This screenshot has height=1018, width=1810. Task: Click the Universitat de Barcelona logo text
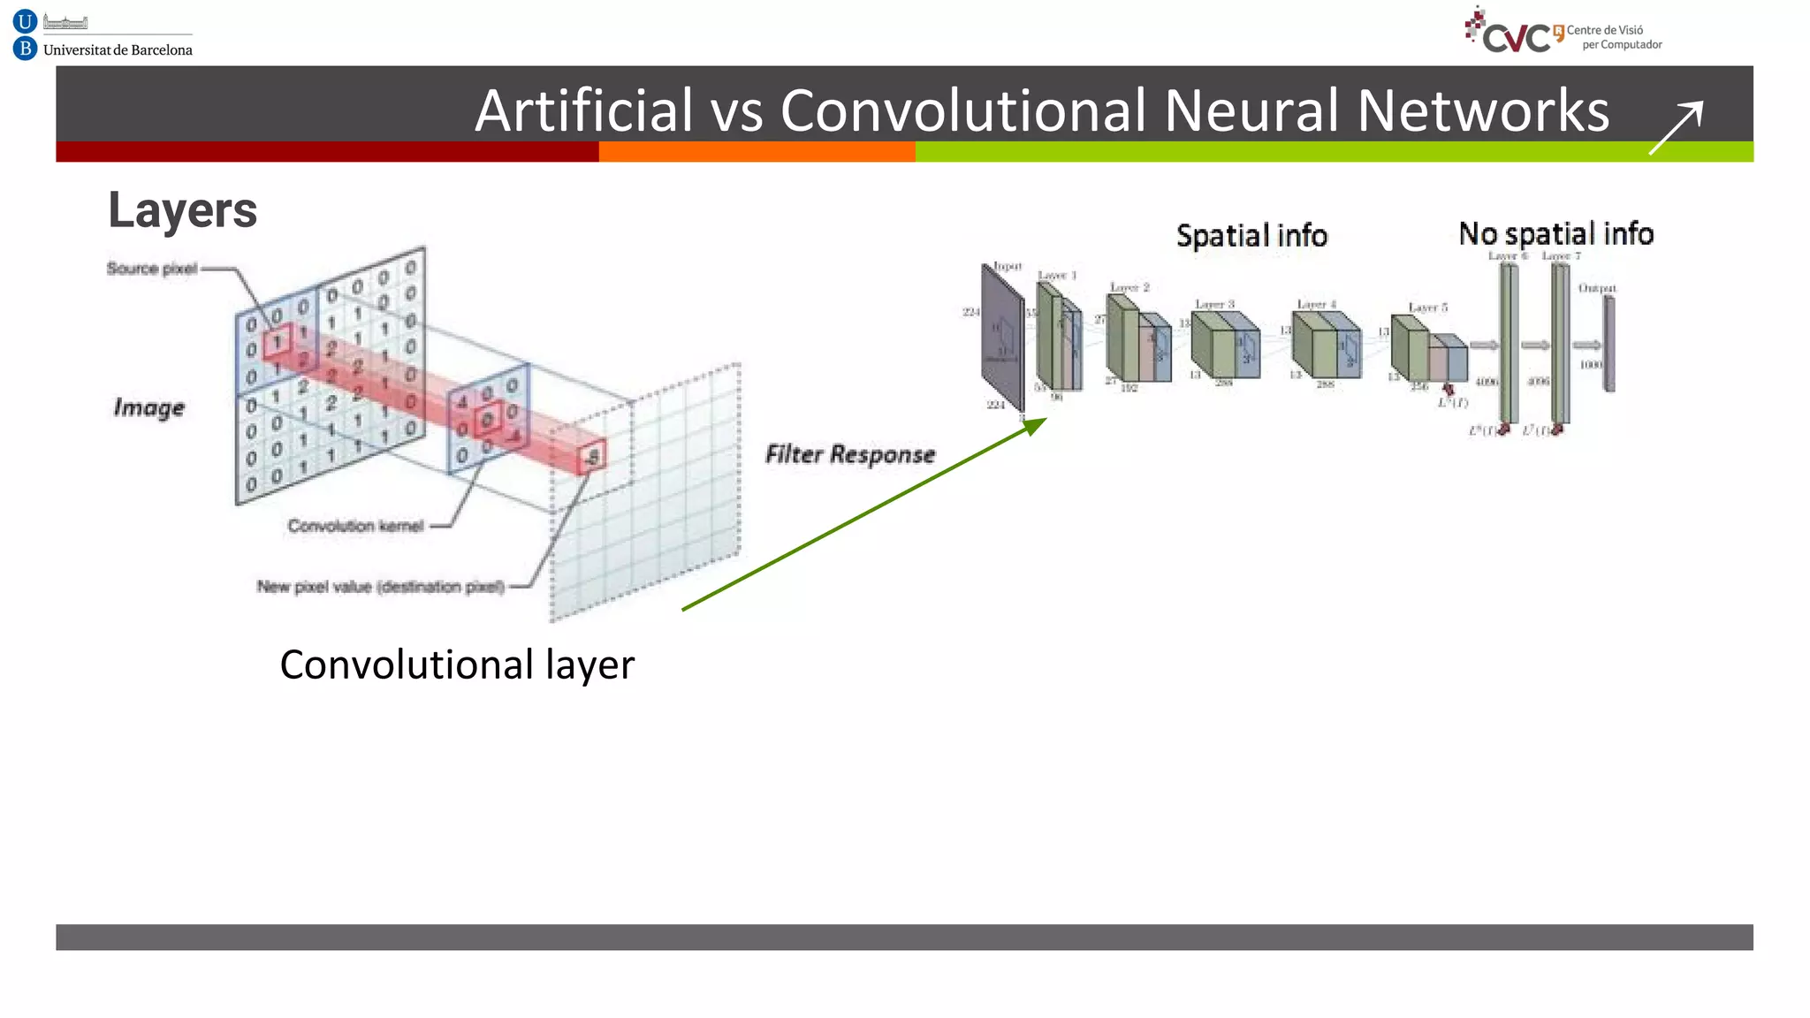point(118,50)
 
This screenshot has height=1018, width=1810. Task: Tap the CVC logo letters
point(1517,38)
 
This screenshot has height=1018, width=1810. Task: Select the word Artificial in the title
point(583,111)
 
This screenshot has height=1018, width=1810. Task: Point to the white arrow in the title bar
point(1677,127)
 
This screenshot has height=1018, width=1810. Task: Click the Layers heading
point(182,210)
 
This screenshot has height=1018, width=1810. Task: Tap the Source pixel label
point(151,269)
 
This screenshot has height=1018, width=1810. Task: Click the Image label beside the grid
point(148,407)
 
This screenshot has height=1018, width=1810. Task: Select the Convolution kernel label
point(355,526)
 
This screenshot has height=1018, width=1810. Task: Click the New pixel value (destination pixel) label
point(380,587)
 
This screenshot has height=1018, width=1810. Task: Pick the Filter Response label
point(849,454)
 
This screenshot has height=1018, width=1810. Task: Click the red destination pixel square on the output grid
point(592,456)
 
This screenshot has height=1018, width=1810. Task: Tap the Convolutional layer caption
point(457,665)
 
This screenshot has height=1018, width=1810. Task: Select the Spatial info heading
point(1251,236)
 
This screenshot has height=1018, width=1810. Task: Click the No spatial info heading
point(1555,234)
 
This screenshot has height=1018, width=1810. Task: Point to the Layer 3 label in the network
point(1214,304)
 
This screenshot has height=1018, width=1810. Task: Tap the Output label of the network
point(1596,288)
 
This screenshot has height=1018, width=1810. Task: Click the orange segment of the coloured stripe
point(757,152)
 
